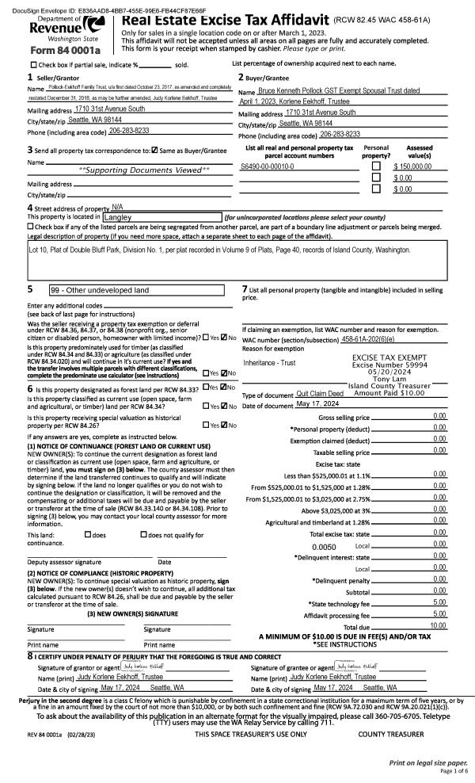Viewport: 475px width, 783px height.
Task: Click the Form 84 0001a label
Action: (x=56, y=50)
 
